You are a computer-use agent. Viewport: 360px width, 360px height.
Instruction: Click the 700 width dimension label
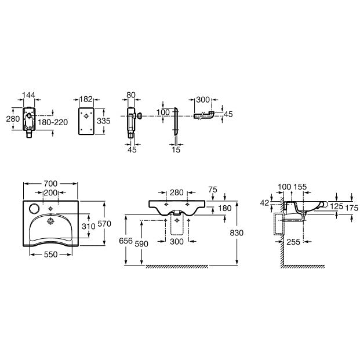click(x=50, y=183)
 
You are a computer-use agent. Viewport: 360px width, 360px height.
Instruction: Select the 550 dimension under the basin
click(x=50, y=254)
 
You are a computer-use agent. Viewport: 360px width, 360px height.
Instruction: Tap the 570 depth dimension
click(x=104, y=224)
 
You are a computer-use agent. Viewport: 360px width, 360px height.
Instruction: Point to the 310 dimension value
click(x=88, y=227)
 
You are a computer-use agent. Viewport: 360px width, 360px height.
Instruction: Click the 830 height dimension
click(x=237, y=233)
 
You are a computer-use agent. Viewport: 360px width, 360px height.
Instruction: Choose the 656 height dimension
click(x=126, y=241)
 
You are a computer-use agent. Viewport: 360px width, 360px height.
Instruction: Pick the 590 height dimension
click(x=141, y=244)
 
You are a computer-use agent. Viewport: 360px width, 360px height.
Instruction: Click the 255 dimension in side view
click(x=293, y=242)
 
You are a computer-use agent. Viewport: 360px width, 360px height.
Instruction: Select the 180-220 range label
click(x=53, y=122)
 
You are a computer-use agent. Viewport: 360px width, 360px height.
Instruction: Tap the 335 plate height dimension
click(x=104, y=121)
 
